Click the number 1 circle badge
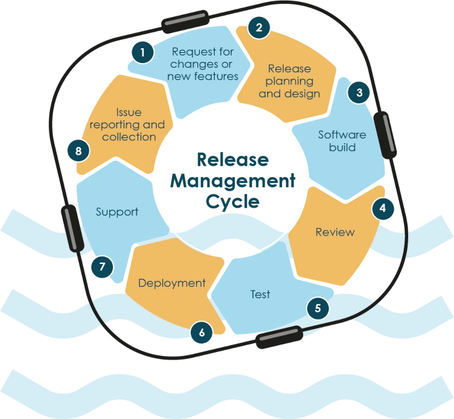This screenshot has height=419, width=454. pos(142,53)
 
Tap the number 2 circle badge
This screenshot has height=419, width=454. pos(259,27)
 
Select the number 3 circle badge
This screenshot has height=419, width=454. pos(358,92)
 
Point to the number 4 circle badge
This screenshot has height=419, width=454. pos(383,208)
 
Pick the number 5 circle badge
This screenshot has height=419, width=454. pos(318,308)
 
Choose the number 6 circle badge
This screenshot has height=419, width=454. pos(201,333)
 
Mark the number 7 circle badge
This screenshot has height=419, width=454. pos(102,266)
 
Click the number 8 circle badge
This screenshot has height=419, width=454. pos(78,150)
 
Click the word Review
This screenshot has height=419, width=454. pos(335,232)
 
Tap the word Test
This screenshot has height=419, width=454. pos(260,294)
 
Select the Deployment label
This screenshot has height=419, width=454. pos(172,283)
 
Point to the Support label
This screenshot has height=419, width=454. pos(117,212)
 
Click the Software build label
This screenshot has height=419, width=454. pos(342,141)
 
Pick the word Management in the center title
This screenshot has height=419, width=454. pos(233,181)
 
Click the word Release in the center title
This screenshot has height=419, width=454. pos(233,160)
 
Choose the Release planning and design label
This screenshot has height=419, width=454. pos(289,81)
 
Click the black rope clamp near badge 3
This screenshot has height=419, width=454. pos(385,135)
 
